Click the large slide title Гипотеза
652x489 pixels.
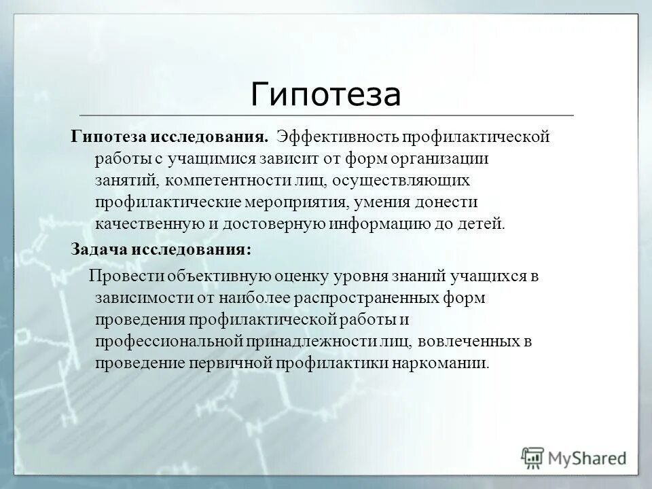(326, 94)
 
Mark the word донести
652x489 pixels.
(454, 202)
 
